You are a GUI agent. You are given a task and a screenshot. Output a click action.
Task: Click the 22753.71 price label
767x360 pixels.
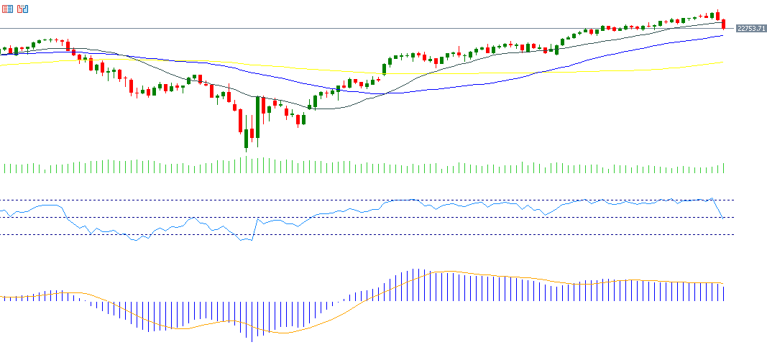click(750, 28)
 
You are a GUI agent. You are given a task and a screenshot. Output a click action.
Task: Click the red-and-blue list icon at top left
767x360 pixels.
click(8, 9)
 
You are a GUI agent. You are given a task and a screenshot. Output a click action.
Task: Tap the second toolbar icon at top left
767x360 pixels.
click(23, 9)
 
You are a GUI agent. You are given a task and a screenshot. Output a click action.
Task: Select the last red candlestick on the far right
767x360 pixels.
click(723, 24)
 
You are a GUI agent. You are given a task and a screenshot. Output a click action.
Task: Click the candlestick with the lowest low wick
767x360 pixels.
click(246, 139)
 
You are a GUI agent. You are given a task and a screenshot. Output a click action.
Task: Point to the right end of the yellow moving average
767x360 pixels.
click(722, 63)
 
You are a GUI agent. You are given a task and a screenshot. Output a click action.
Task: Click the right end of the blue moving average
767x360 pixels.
click(722, 35)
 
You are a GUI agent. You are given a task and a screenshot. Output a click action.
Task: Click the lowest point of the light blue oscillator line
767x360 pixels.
click(247, 241)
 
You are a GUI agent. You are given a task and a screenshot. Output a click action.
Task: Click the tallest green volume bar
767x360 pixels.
click(246, 165)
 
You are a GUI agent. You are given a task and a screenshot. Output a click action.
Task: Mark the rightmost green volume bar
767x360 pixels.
click(723, 169)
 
